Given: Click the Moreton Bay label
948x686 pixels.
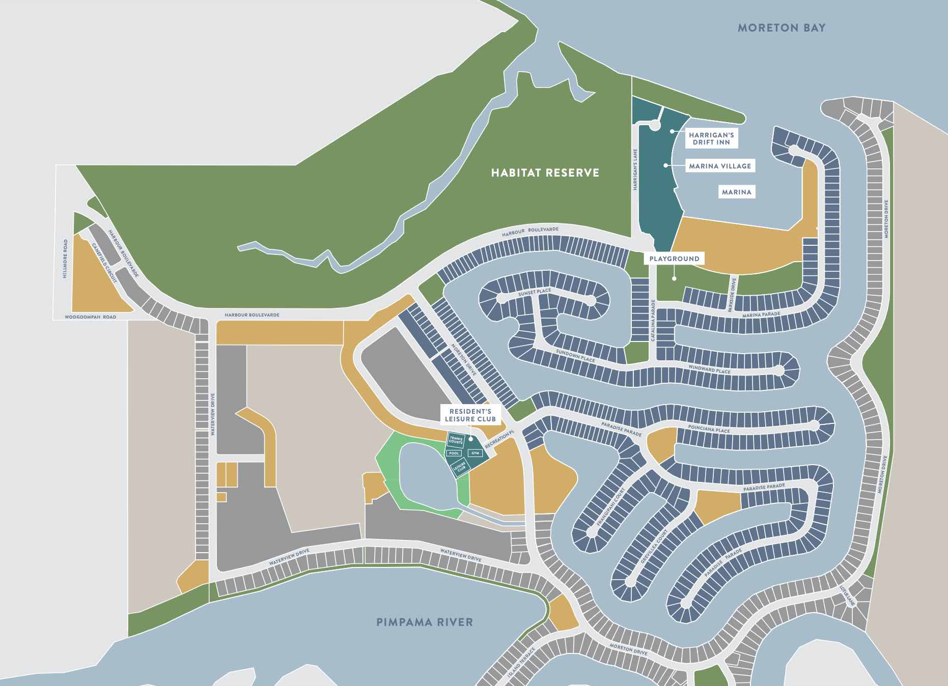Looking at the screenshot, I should [x=782, y=28].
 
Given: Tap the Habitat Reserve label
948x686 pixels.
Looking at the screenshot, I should [x=545, y=173].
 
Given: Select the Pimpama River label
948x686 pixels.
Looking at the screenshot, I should [x=425, y=622].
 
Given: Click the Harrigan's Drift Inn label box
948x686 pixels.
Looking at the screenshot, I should [x=711, y=138].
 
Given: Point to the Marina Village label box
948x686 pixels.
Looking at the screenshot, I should [x=720, y=166].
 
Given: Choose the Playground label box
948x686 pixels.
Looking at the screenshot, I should [x=675, y=259].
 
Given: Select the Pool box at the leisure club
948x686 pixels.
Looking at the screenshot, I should [x=454, y=453].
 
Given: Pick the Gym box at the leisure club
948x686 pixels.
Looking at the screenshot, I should [x=476, y=453].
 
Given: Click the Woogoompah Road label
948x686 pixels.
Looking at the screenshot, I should [x=91, y=317].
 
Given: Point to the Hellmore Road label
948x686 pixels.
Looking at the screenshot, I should [x=65, y=259].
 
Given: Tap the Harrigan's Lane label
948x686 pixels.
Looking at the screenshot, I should [x=635, y=169].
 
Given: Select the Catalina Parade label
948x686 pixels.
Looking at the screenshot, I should [x=652, y=320].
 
